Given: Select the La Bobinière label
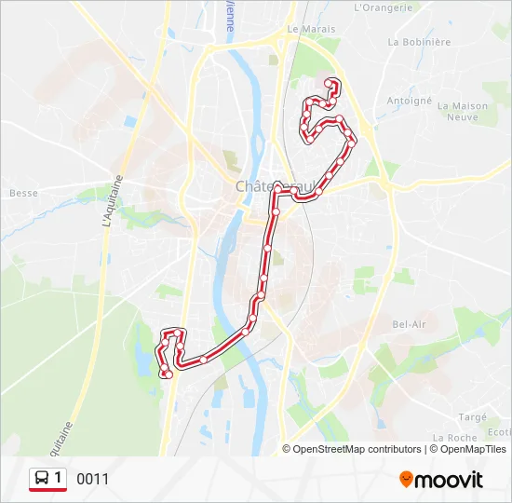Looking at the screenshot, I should (x=420, y=42).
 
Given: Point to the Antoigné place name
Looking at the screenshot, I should (x=410, y=101).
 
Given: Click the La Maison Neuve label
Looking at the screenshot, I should (x=462, y=112).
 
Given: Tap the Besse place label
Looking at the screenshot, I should (x=23, y=193).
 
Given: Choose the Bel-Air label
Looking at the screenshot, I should (x=410, y=324).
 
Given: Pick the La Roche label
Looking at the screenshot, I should (x=455, y=437).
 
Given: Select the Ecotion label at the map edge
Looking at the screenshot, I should (x=500, y=431).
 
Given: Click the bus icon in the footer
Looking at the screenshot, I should (x=42, y=479).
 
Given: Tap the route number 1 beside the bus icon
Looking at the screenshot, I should (x=59, y=479).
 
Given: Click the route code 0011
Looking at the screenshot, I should (x=93, y=480).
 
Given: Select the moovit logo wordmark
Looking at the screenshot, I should (x=449, y=480).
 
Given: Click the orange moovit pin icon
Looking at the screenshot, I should (x=406, y=480).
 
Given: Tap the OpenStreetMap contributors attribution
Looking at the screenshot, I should (x=357, y=449).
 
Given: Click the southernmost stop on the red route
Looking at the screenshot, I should (x=168, y=374).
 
